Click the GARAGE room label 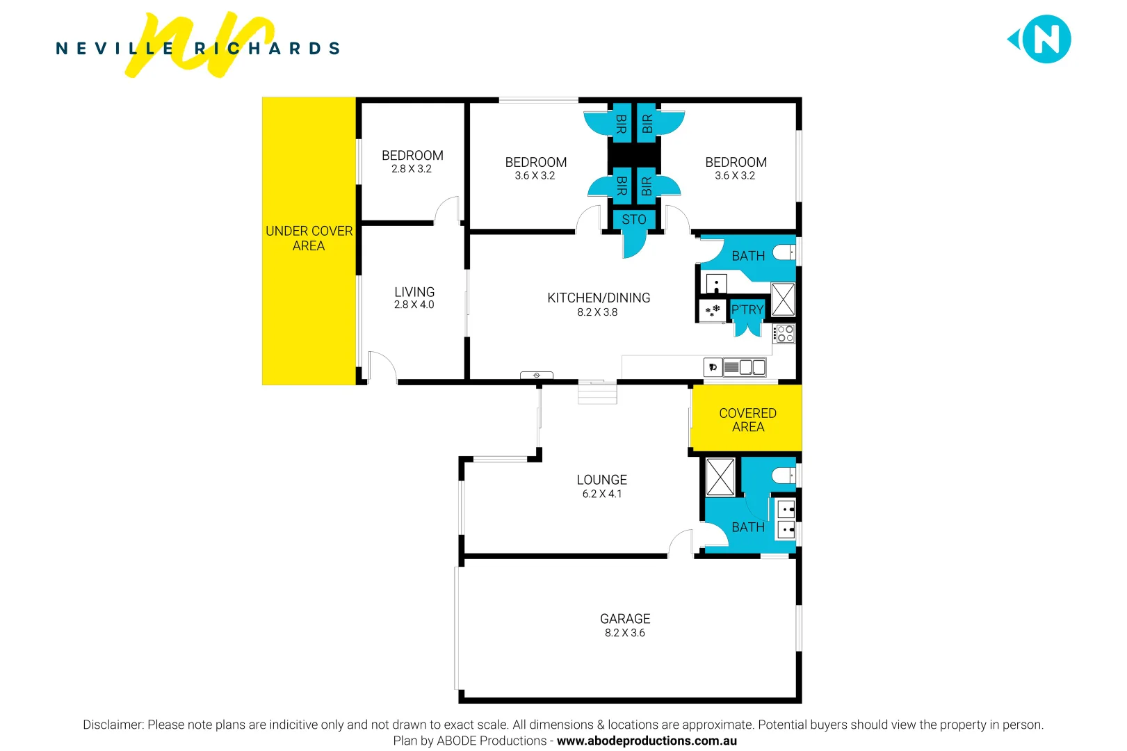pyautogui.click(x=624, y=619)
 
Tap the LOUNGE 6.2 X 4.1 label pyautogui.click(x=601, y=486)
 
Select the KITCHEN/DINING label pyautogui.click(x=598, y=298)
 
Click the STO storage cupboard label pyautogui.click(x=633, y=220)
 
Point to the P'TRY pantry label pyautogui.click(x=747, y=310)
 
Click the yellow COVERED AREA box pyautogui.click(x=747, y=419)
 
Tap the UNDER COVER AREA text pyautogui.click(x=309, y=239)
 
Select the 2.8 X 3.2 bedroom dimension pyautogui.click(x=411, y=169)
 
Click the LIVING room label pyautogui.click(x=414, y=292)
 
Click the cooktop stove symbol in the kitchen pyautogui.click(x=784, y=334)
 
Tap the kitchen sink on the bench pyautogui.click(x=745, y=367)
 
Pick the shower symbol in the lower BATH pyautogui.click(x=720, y=477)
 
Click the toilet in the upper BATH pyautogui.click(x=784, y=252)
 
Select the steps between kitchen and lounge pyautogui.click(x=597, y=394)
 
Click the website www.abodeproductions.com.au pyautogui.click(x=646, y=741)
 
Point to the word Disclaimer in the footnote pyautogui.click(x=113, y=725)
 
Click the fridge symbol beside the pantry pyautogui.click(x=712, y=311)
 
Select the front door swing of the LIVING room pyautogui.click(x=381, y=367)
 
